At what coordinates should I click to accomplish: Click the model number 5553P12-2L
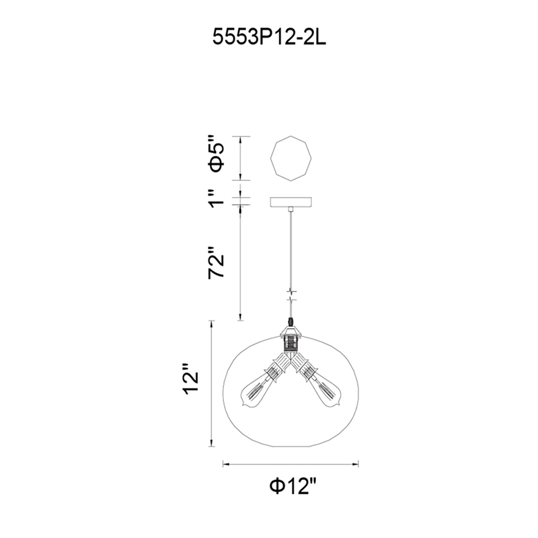coord(270,37)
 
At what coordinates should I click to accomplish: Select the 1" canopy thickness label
coord(217,198)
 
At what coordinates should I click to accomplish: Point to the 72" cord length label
coord(217,262)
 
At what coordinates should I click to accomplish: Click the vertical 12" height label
coord(191,381)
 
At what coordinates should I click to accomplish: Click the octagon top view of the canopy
coord(291,158)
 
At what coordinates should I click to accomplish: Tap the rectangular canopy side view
coord(291,202)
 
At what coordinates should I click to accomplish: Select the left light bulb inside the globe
coord(255,392)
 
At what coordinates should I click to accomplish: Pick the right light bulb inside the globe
coord(327,392)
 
